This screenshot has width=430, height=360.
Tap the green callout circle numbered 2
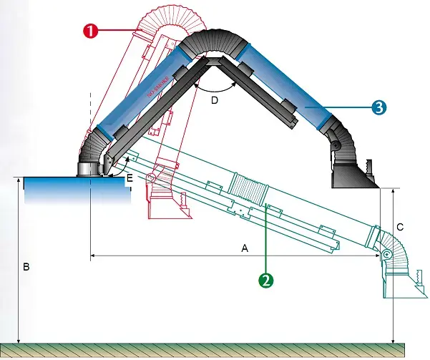(265, 281)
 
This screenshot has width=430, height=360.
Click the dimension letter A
(244, 248)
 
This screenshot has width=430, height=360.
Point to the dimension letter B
(26, 267)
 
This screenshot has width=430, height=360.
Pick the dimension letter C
(400, 227)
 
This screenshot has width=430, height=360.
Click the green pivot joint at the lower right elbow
(386, 254)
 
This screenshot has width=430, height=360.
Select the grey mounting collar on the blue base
(89, 170)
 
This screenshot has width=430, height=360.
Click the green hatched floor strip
(215, 351)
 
